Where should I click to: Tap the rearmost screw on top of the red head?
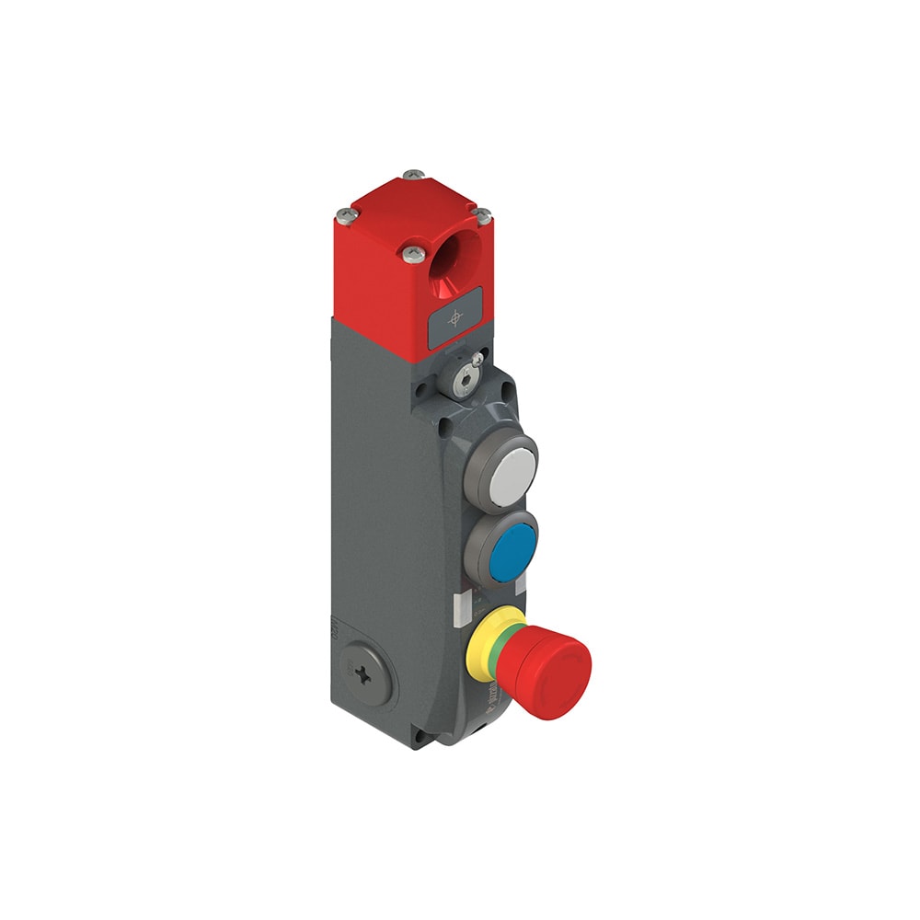coord(415,174)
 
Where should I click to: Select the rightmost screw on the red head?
coord(483,214)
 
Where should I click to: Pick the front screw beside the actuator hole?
coord(409,250)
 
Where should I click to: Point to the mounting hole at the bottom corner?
coord(420,736)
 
